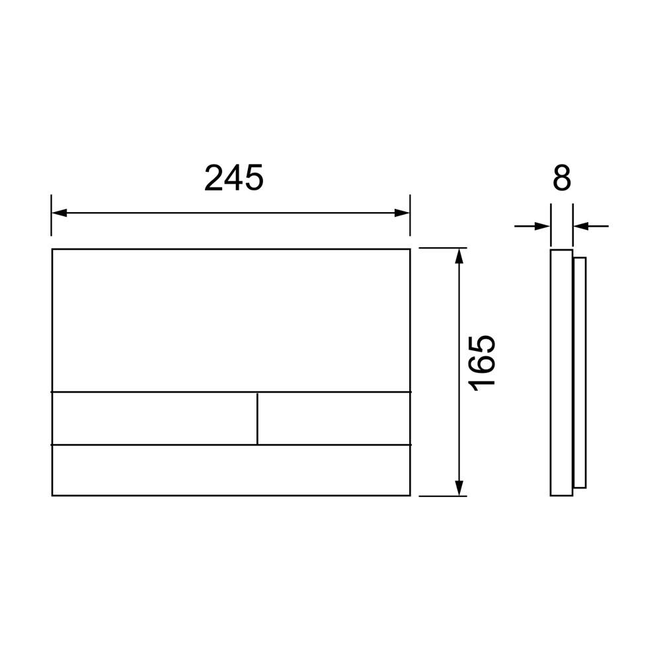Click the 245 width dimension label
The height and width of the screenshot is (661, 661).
pyautogui.click(x=234, y=178)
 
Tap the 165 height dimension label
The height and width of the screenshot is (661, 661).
pyautogui.click(x=483, y=364)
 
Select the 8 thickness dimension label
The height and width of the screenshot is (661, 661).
pyautogui.click(x=561, y=178)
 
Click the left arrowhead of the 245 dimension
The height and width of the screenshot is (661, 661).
pyautogui.click(x=59, y=213)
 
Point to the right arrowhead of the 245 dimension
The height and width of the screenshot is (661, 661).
pyautogui.click(x=402, y=213)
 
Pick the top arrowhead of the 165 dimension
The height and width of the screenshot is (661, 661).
pyautogui.click(x=459, y=256)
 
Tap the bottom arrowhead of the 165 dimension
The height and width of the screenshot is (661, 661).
pyautogui.click(x=459, y=488)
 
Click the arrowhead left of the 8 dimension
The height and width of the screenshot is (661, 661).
pyautogui.click(x=543, y=226)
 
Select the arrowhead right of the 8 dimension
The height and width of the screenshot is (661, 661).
pyautogui.click(x=581, y=226)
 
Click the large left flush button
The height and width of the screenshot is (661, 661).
pyautogui.click(x=154, y=418)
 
